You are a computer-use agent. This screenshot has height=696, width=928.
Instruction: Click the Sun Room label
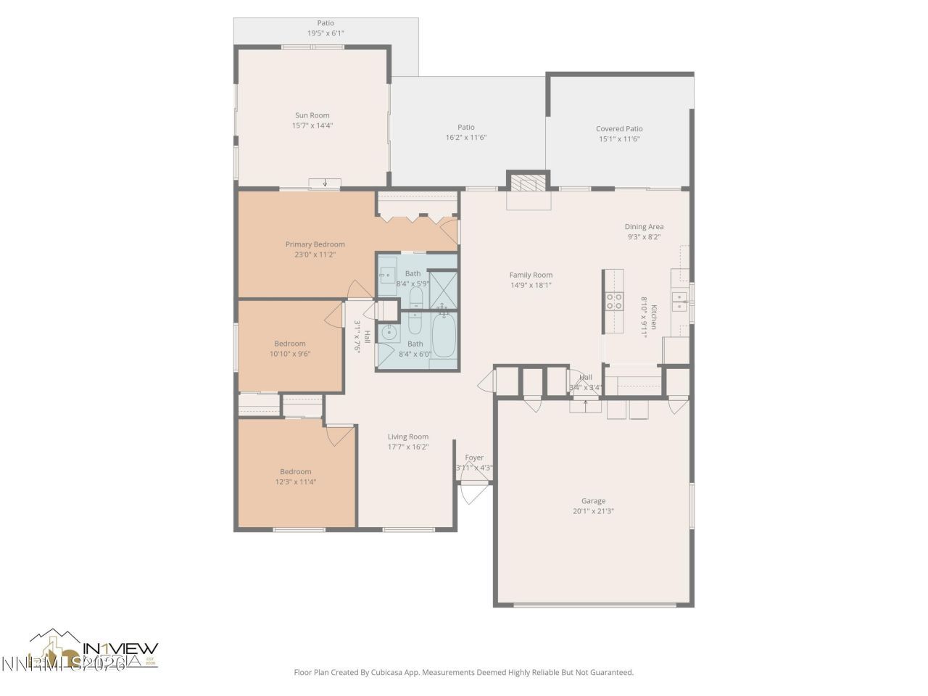(x=312, y=115)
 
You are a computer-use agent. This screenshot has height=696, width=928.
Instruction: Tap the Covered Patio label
(x=619, y=129)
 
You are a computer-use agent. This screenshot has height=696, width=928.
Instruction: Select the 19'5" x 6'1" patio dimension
(x=325, y=33)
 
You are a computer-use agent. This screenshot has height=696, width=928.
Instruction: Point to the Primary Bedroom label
(x=315, y=244)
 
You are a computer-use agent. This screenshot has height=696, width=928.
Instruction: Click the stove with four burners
(x=614, y=301)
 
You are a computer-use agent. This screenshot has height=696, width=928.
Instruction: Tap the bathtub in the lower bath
(x=444, y=336)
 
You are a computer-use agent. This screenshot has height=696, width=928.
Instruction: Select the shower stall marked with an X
(x=442, y=288)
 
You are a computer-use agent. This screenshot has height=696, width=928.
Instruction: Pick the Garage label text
(x=593, y=501)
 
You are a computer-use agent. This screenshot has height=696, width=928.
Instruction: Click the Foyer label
(x=474, y=457)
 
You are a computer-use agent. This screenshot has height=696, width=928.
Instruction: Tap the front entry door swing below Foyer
(x=472, y=494)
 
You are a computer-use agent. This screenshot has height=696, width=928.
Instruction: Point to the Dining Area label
(x=644, y=227)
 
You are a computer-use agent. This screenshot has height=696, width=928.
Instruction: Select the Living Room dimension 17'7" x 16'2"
(x=407, y=447)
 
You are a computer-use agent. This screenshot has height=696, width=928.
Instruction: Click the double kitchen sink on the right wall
(x=679, y=302)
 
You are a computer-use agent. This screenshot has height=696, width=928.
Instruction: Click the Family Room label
(x=531, y=275)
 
